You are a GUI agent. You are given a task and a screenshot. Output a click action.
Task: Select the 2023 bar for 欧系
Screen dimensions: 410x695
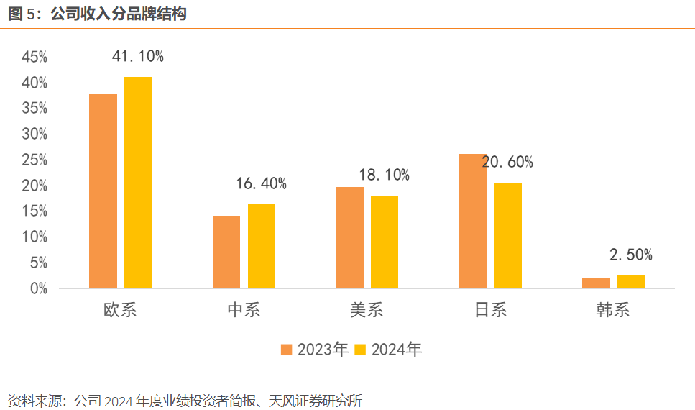103,191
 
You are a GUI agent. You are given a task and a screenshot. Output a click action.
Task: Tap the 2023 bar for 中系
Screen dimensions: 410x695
226,252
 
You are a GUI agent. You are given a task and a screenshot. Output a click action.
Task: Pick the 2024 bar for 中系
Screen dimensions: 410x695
262,246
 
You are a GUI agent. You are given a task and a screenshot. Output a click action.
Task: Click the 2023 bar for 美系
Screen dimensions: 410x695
350,237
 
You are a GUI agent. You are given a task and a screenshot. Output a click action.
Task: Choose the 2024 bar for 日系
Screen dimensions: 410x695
507,235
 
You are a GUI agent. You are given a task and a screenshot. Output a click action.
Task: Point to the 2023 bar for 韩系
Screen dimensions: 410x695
596,283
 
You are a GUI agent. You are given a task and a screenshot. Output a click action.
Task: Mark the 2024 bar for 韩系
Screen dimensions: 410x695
631,281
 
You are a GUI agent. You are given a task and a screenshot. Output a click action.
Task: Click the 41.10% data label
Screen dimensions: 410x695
138,57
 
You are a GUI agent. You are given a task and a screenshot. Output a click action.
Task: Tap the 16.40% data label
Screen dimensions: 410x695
262,184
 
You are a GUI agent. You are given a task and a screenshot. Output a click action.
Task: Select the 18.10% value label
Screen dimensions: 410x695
385,175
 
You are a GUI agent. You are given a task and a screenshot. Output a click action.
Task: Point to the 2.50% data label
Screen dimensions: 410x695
631,255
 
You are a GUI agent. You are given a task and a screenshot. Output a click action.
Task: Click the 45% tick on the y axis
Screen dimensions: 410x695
34,57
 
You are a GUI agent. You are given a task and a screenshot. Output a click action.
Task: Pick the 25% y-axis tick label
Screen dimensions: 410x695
34,160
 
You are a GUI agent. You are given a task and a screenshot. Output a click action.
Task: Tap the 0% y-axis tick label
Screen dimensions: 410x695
37,288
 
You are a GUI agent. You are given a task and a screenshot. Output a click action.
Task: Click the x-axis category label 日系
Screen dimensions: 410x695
491,310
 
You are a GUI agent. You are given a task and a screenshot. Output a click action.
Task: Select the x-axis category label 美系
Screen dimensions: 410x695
367,310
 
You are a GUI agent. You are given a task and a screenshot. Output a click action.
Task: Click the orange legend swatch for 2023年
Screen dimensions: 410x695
286,350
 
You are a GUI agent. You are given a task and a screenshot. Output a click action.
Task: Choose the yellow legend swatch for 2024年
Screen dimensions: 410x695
361,350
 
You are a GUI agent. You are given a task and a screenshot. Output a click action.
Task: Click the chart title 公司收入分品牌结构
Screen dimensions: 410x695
119,14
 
